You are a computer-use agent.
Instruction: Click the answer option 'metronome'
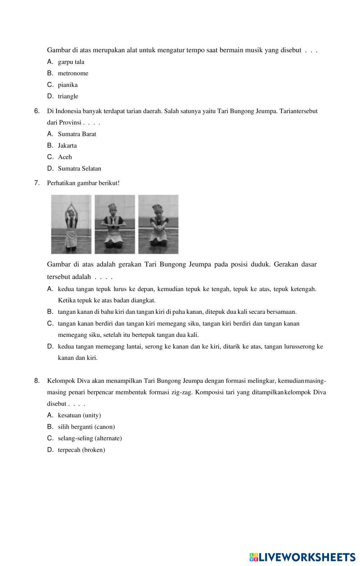(x=73, y=73)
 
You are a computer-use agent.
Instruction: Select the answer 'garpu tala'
(x=71, y=62)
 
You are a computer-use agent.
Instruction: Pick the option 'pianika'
(x=68, y=85)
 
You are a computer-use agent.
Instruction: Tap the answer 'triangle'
(x=68, y=97)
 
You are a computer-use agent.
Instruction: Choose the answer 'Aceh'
(x=65, y=157)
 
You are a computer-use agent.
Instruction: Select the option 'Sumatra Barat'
(x=77, y=134)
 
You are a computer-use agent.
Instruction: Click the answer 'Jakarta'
(x=67, y=146)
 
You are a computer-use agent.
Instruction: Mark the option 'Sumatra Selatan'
(x=79, y=169)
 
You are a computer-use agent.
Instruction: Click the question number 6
(x=37, y=111)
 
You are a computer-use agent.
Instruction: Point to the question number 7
(x=37, y=183)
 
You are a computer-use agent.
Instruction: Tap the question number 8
(x=37, y=381)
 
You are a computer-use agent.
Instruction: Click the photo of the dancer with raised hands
(x=71, y=224)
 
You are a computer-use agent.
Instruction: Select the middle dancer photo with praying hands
(x=115, y=224)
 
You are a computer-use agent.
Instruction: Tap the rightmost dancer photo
(x=158, y=224)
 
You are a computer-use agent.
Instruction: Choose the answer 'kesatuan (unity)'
(x=79, y=415)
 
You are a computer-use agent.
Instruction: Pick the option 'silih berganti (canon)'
(x=86, y=427)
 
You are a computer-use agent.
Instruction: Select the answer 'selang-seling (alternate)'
(x=90, y=438)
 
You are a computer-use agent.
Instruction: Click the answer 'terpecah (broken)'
(x=81, y=450)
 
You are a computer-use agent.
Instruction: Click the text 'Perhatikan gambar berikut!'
(x=83, y=183)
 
